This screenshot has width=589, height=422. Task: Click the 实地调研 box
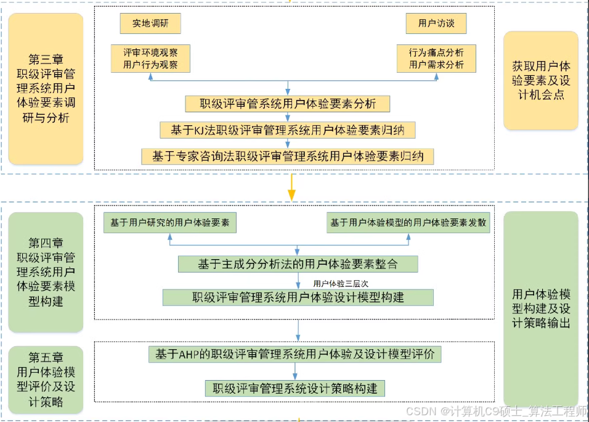(x=150, y=24)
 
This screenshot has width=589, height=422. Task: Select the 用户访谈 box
(x=436, y=24)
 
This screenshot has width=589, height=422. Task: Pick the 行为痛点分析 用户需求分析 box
(x=436, y=58)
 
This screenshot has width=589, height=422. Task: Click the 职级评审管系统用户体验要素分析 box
(x=288, y=103)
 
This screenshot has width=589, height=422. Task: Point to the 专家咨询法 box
(x=287, y=156)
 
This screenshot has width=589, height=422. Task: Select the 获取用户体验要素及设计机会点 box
(x=540, y=80)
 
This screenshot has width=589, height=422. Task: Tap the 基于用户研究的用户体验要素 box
(x=170, y=223)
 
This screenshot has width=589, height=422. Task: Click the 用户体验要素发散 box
(x=408, y=223)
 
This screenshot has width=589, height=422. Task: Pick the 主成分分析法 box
(x=298, y=264)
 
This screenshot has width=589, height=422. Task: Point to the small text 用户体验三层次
(x=341, y=284)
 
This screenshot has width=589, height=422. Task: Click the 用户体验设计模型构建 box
(x=298, y=297)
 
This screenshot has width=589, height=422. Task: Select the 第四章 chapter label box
(x=46, y=272)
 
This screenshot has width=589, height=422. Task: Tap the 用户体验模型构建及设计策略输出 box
(x=540, y=308)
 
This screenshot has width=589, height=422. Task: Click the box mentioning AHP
(x=294, y=355)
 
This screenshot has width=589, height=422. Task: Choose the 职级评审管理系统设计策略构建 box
(x=295, y=389)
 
